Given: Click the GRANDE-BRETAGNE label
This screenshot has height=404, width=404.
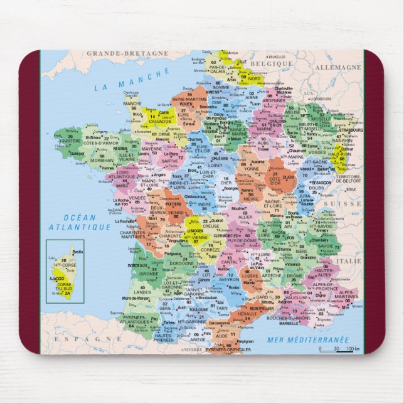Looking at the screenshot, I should tap(127, 54).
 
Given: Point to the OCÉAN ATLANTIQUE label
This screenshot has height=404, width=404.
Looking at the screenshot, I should tap(70, 222).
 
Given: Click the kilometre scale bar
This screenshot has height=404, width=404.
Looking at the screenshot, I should tap(339, 349).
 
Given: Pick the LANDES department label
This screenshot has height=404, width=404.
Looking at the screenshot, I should tap(142, 292).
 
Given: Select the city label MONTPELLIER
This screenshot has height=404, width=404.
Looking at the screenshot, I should tap(243, 308).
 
